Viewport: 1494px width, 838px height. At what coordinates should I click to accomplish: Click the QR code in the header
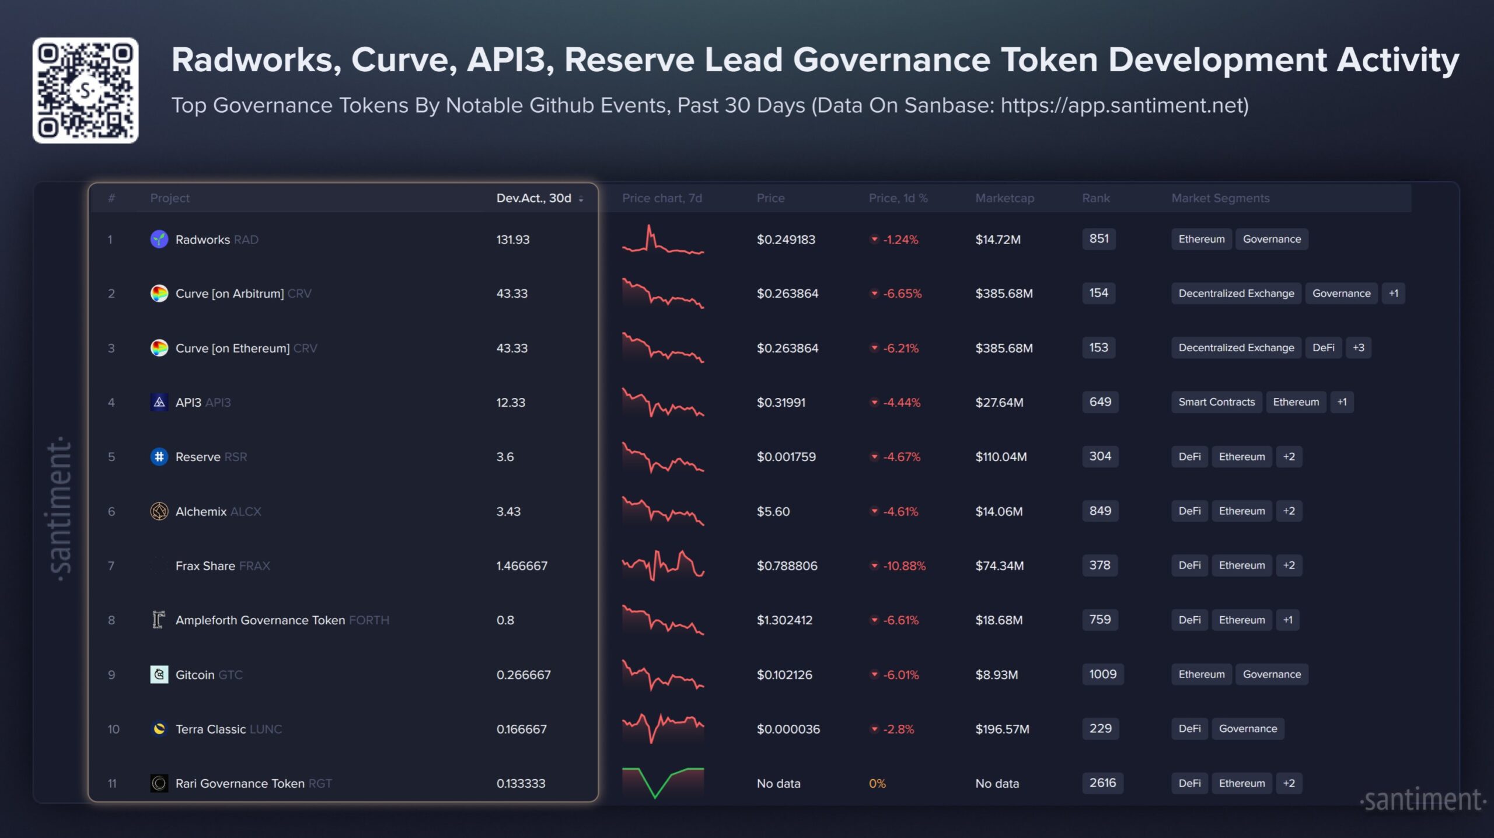[85, 90]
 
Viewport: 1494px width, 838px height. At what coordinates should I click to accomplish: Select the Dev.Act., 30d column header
[534, 198]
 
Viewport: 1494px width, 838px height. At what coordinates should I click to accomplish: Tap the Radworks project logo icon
[159, 239]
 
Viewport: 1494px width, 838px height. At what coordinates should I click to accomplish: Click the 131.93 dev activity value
[513, 240]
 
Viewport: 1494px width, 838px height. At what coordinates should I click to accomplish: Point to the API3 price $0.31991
[781, 403]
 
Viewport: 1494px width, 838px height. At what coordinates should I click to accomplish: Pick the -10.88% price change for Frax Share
[903, 566]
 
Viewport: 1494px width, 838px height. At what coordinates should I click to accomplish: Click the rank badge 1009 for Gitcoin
[1102, 675]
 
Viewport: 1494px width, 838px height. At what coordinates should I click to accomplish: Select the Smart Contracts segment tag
[1216, 402]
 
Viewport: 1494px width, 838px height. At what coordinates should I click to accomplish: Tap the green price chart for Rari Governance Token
[663, 783]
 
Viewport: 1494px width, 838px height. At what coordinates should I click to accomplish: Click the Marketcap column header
[1004, 198]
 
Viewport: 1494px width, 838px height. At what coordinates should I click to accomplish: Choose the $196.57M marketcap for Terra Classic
[1002, 729]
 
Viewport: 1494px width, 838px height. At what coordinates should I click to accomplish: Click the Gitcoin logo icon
[159, 675]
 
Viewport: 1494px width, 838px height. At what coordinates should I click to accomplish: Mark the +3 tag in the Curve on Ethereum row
[1359, 348]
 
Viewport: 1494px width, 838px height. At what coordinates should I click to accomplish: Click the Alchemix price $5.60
[773, 512]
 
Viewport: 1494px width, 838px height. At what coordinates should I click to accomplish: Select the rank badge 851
[1099, 239]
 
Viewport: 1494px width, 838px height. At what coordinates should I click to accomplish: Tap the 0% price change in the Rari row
[877, 784]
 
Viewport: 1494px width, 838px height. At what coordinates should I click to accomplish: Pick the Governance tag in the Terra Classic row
[1248, 729]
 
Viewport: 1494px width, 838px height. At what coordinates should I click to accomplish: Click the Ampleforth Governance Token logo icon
[159, 620]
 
